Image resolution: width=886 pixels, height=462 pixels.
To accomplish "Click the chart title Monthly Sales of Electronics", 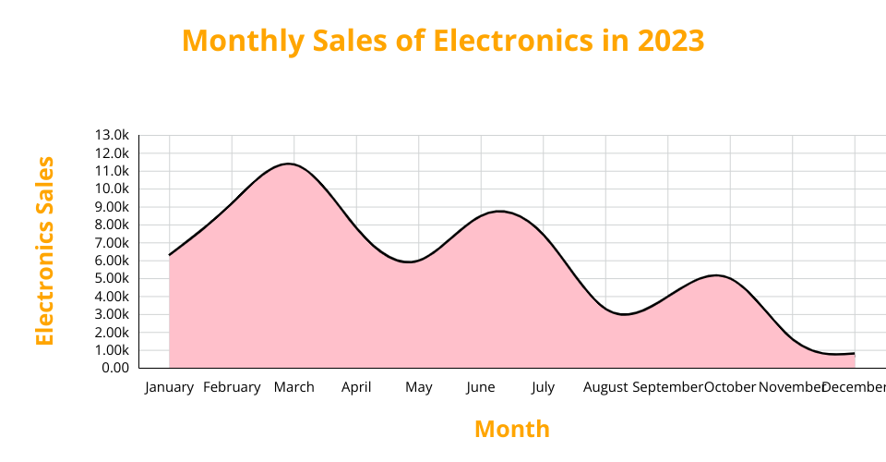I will [443, 41].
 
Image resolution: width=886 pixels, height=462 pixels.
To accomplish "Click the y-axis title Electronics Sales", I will [44, 250].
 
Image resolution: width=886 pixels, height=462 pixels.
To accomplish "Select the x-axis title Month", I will [511, 429].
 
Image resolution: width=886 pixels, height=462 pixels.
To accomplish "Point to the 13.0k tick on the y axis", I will [112, 135].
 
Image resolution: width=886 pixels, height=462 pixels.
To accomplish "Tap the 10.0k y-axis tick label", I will [112, 188].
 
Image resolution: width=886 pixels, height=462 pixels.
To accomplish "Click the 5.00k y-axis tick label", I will [112, 278].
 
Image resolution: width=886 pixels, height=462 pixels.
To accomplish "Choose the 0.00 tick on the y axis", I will [114, 368].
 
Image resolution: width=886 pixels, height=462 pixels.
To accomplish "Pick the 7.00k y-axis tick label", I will [112, 242].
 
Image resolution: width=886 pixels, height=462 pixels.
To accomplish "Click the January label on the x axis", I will [169, 387].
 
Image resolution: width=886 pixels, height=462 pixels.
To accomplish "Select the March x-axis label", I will [293, 387].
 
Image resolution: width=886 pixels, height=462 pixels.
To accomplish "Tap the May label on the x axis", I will [418, 387].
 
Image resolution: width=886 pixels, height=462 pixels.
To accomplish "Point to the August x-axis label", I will [605, 387].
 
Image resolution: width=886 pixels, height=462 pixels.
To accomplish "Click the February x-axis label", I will [232, 387].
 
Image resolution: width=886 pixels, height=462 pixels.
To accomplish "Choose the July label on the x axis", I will [543, 387].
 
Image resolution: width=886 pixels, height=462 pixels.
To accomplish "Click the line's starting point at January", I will [169, 255].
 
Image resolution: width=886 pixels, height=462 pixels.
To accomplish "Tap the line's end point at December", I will [855, 353].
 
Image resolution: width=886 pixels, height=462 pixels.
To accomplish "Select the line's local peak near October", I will [715, 275].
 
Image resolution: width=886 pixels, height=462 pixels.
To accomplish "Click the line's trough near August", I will [625, 314].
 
